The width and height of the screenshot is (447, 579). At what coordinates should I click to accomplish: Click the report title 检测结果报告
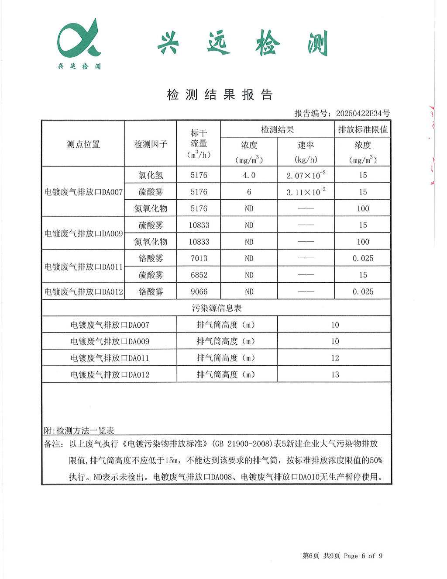point(220,95)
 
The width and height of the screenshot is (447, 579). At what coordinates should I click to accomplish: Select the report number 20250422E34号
point(363,114)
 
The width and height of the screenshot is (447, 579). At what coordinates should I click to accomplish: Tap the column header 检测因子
point(151,144)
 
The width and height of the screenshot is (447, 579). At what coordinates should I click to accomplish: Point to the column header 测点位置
point(83,144)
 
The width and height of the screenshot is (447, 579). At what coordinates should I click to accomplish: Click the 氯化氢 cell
point(151,175)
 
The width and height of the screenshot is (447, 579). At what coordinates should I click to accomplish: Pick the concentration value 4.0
point(249,175)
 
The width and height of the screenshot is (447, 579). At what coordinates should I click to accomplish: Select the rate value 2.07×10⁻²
point(306,175)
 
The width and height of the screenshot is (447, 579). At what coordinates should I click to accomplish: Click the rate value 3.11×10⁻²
point(306,192)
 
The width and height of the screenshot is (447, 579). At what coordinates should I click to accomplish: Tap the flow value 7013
point(199,258)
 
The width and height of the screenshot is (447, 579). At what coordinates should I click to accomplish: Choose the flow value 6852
point(199,275)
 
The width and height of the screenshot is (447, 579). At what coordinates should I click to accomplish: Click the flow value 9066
point(199,291)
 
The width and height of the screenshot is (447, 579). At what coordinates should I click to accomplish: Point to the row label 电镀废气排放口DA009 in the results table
point(83,233)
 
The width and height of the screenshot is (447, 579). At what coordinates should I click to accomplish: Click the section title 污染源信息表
point(217,308)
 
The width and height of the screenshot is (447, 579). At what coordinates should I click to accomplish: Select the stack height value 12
point(335,358)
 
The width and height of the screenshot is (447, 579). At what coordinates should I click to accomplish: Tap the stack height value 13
point(335,374)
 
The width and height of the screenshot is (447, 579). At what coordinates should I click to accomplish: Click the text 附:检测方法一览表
point(79,431)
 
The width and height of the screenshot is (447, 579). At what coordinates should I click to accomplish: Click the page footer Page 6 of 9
point(363,556)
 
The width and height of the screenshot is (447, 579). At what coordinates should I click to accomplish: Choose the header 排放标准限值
point(363,129)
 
